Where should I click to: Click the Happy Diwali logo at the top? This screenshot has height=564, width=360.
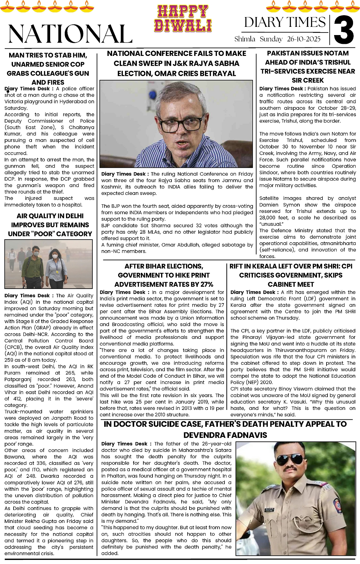[x=183, y=19]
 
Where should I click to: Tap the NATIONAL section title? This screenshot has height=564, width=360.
[x=70, y=33]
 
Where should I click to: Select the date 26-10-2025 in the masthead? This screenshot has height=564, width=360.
[x=303, y=39]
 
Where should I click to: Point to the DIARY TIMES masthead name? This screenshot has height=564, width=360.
[x=285, y=22]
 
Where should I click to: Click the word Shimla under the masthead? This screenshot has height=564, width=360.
[x=245, y=39]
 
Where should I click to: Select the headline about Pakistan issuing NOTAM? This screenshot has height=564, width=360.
[x=308, y=66]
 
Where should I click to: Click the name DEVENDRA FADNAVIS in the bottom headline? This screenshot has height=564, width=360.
[x=225, y=435]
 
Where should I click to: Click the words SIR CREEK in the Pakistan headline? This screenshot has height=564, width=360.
[x=308, y=80]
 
